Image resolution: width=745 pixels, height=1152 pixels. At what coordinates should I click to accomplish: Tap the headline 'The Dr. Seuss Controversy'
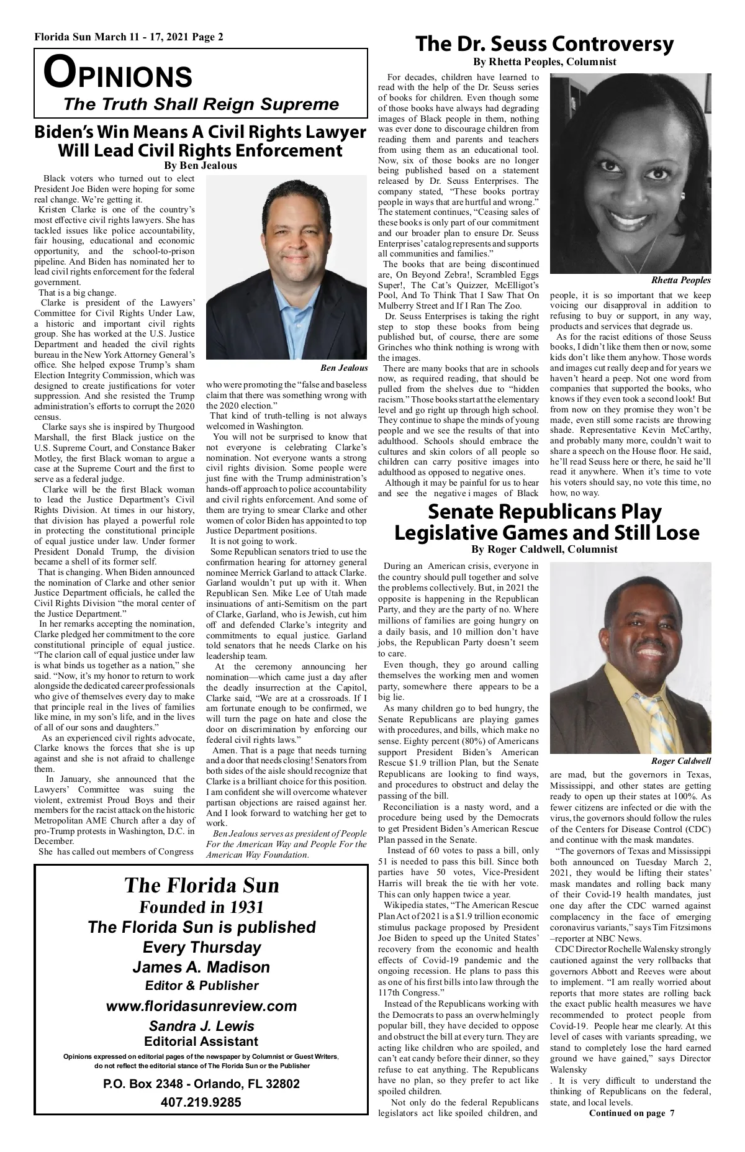pyautogui.click(x=544, y=44)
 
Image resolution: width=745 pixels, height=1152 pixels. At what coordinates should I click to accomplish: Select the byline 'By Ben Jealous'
pyautogui.click(x=200, y=166)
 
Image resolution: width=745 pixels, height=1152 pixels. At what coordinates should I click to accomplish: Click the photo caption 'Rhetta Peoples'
pyautogui.click(x=680, y=281)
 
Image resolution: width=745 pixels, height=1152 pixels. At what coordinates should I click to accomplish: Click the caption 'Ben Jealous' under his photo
pyautogui.click(x=344, y=368)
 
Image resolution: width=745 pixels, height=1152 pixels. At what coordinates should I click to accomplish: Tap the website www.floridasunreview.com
pyautogui.click(x=202, y=1005)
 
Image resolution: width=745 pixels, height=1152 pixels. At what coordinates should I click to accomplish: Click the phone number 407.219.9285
pyautogui.click(x=201, y=1102)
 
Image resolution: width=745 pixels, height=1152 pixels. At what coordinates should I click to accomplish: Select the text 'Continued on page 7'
pyautogui.click(x=631, y=1112)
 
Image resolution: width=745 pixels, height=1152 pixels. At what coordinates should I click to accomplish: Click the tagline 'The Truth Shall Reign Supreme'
pyautogui.click(x=201, y=104)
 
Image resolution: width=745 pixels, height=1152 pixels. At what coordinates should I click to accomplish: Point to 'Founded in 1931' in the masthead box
pyautogui.click(x=201, y=907)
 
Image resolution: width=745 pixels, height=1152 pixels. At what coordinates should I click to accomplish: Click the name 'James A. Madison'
pyautogui.click(x=201, y=967)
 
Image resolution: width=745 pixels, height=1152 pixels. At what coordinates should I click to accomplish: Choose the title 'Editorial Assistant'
pyautogui.click(x=201, y=1041)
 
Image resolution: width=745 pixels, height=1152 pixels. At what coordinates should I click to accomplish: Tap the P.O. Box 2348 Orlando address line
pyautogui.click(x=201, y=1084)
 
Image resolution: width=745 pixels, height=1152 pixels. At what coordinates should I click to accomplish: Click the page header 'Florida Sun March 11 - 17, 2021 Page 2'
pyautogui.click(x=129, y=37)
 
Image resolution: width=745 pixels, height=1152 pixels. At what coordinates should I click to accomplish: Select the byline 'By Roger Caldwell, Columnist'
pyautogui.click(x=544, y=549)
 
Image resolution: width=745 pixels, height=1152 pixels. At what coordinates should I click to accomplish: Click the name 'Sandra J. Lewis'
pyautogui.click(x=201, y=1026)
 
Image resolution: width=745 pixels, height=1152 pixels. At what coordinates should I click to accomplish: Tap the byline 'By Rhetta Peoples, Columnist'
pyautogui.click(x=544, y=61)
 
